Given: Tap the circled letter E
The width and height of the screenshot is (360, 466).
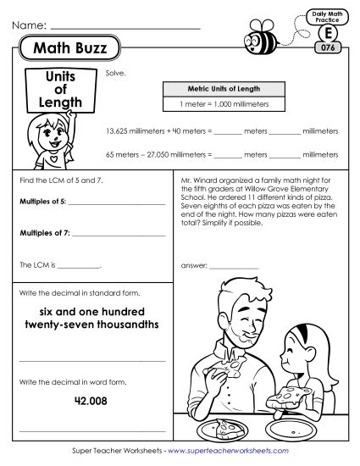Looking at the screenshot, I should tap(326, 32).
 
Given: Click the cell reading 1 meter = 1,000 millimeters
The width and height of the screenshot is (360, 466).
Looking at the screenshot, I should tap(224, 103).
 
